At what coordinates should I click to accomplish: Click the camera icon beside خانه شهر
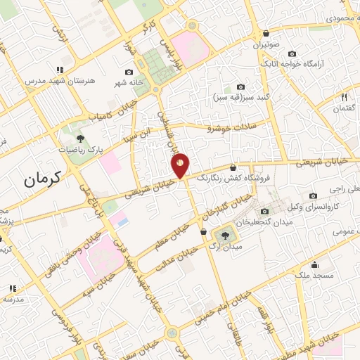(129, 72)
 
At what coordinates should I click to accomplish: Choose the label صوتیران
(266, 44)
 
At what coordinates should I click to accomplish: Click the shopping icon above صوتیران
(266, 34)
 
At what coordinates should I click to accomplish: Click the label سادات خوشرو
(232, 127)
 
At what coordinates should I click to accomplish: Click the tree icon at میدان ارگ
(225, 236)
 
